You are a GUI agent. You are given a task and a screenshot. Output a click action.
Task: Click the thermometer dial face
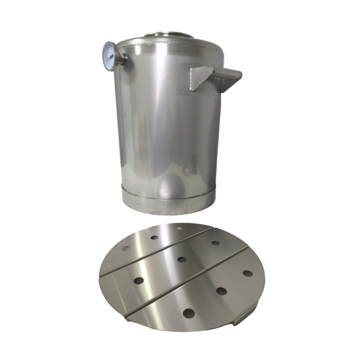[109, 56]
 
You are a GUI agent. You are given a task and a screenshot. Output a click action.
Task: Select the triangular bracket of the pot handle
[201, 79]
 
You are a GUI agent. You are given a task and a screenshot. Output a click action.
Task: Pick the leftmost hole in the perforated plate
[126, 248]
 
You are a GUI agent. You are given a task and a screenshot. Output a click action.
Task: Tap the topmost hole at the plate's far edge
[179, 229]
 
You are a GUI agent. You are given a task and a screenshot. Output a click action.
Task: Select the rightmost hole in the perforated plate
[248, 274]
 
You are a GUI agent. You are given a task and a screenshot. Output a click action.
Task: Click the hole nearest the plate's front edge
[189, 314]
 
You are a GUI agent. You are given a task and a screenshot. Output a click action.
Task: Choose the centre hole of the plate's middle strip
[181, 259]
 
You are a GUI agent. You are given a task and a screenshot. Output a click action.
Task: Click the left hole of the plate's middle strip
[139, 281]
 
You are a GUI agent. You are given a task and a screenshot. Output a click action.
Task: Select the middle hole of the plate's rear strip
[155, 237]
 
